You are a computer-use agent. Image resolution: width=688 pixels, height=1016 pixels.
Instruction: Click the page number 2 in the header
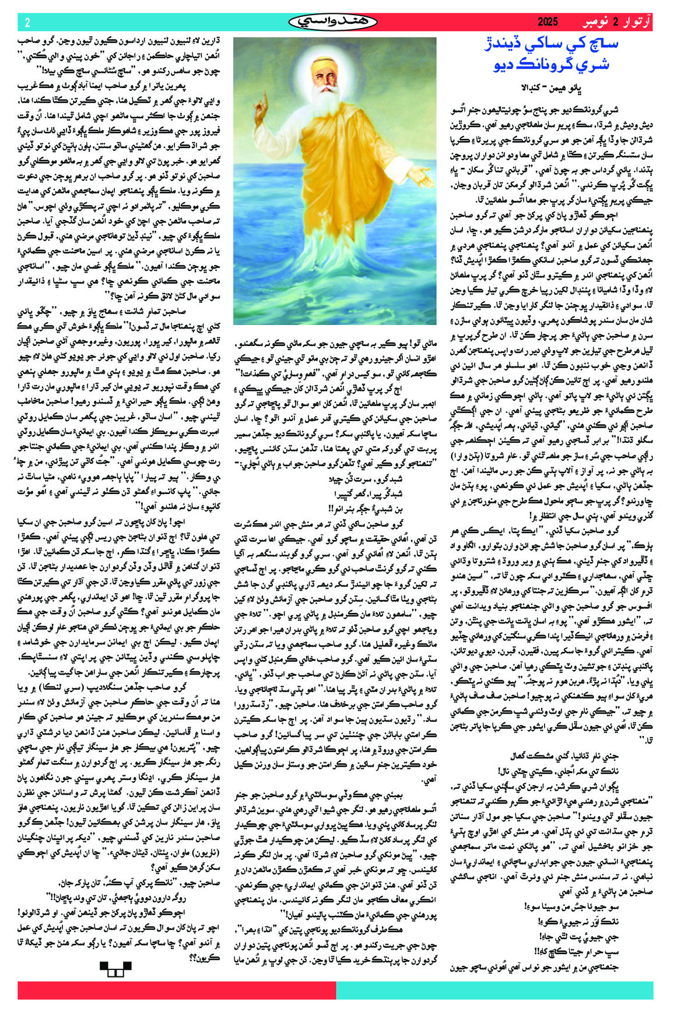pyautogui.click(x=27, y=23)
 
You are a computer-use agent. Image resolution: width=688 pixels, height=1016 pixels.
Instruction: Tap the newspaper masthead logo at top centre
pyautogui.click(x=333, y=22)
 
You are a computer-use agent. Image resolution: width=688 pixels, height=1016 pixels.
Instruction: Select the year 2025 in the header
pyautogui.click(x=547, y=23)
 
